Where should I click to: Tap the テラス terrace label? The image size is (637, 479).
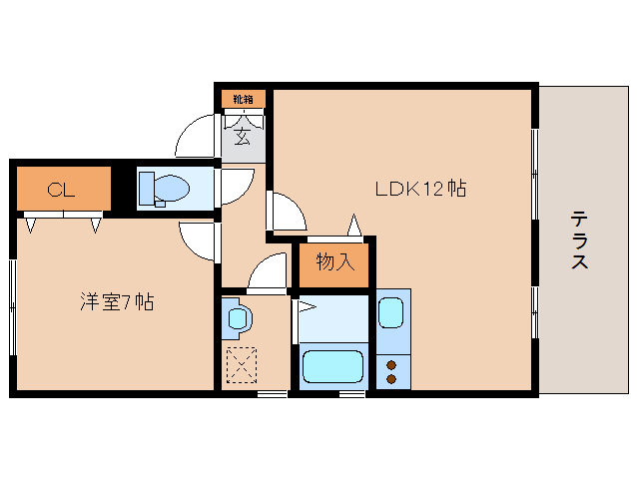(578, 240)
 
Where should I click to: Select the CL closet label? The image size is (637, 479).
(61, 191)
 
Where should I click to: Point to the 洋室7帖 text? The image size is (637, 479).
(117, 300)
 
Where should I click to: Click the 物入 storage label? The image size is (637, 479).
(334, 263)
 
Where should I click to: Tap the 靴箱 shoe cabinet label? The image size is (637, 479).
(244, 99)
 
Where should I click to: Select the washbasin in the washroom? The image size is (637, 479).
(238, 318)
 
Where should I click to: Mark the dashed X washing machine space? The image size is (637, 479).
(241, 364)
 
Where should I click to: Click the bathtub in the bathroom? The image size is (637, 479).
(334, 365)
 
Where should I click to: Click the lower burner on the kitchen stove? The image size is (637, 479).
(391, 379)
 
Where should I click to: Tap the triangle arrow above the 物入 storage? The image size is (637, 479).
(352, 224)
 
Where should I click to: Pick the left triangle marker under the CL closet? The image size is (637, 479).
(31, 225)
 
